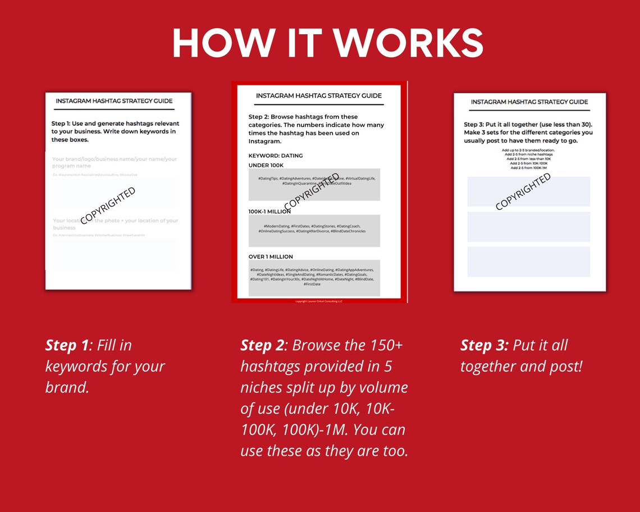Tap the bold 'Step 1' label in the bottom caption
tap(67, 345)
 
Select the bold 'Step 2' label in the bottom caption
tap(263, 345)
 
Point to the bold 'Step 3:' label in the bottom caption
tap(484, 345)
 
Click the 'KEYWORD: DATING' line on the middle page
tap(276, 156)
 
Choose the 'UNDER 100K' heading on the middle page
tap(266, 165)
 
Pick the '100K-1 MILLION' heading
tap(269, 212)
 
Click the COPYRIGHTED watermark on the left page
tap(108, 205)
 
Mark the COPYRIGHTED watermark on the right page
tap(523, 191)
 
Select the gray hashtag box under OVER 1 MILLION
tap(314, 277)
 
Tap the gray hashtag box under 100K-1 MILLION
tap(314, 231)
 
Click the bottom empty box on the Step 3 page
tap(528, 262)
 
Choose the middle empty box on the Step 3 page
tap(528, 226)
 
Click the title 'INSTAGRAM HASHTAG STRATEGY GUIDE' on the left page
tap(115, 102)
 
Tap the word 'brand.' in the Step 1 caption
tap(67, 387)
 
